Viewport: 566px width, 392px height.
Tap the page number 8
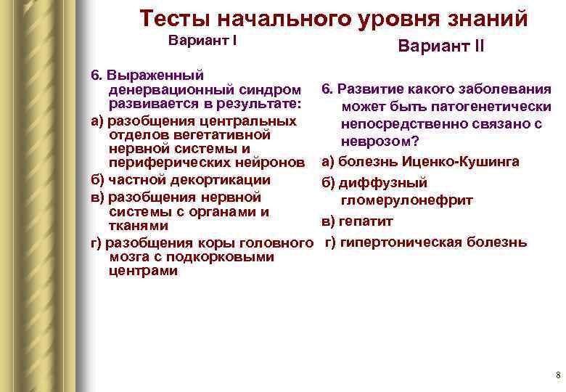[x=557, y=375]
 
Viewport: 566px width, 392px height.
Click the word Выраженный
[x=155, y=75]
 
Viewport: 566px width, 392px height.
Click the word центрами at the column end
[x=142, y=271]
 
